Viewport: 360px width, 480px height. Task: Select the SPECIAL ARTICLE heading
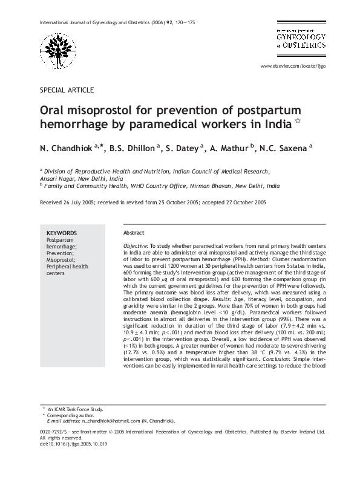tap(67, 89)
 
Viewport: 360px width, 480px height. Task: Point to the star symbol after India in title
tap(297, 123)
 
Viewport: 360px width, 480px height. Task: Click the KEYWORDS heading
tap(62, 233)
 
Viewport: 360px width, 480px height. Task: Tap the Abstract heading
tap(134, 233)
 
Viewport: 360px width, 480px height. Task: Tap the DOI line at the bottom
tap(73, 444)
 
